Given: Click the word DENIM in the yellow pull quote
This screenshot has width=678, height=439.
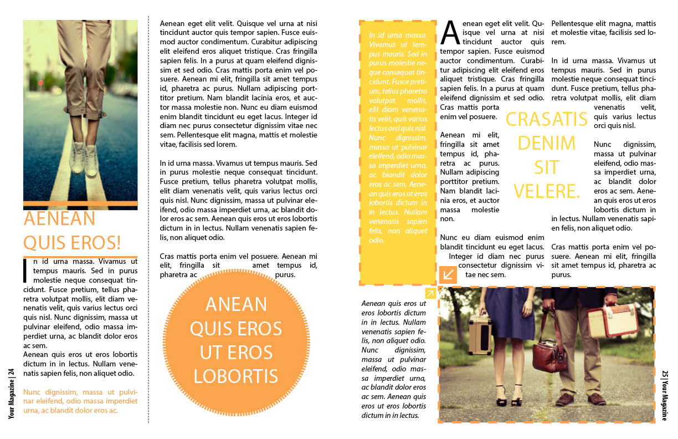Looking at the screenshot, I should pos(546,144).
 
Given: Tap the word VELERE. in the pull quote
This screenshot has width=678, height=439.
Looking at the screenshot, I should pos(546,191).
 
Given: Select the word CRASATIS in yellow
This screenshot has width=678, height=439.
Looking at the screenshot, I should pos(546,119).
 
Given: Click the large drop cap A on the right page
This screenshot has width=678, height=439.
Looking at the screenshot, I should pos(450,33).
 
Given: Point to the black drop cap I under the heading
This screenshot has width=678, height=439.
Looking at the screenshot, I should pos(24,269).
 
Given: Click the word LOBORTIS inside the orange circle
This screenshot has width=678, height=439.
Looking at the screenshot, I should pos(236,376).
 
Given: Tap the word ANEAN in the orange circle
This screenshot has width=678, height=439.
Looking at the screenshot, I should pos(236,304).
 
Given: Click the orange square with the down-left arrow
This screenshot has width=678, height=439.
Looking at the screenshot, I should pos(448,274).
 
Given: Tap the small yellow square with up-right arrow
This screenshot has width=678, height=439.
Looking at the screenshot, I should pos(430,293).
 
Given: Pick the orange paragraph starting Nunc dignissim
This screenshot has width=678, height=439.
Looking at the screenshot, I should pos(80,401).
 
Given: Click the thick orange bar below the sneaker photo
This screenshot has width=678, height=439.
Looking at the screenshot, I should pos(80,203).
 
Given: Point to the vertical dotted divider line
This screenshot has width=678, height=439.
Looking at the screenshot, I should pos(148,222).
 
